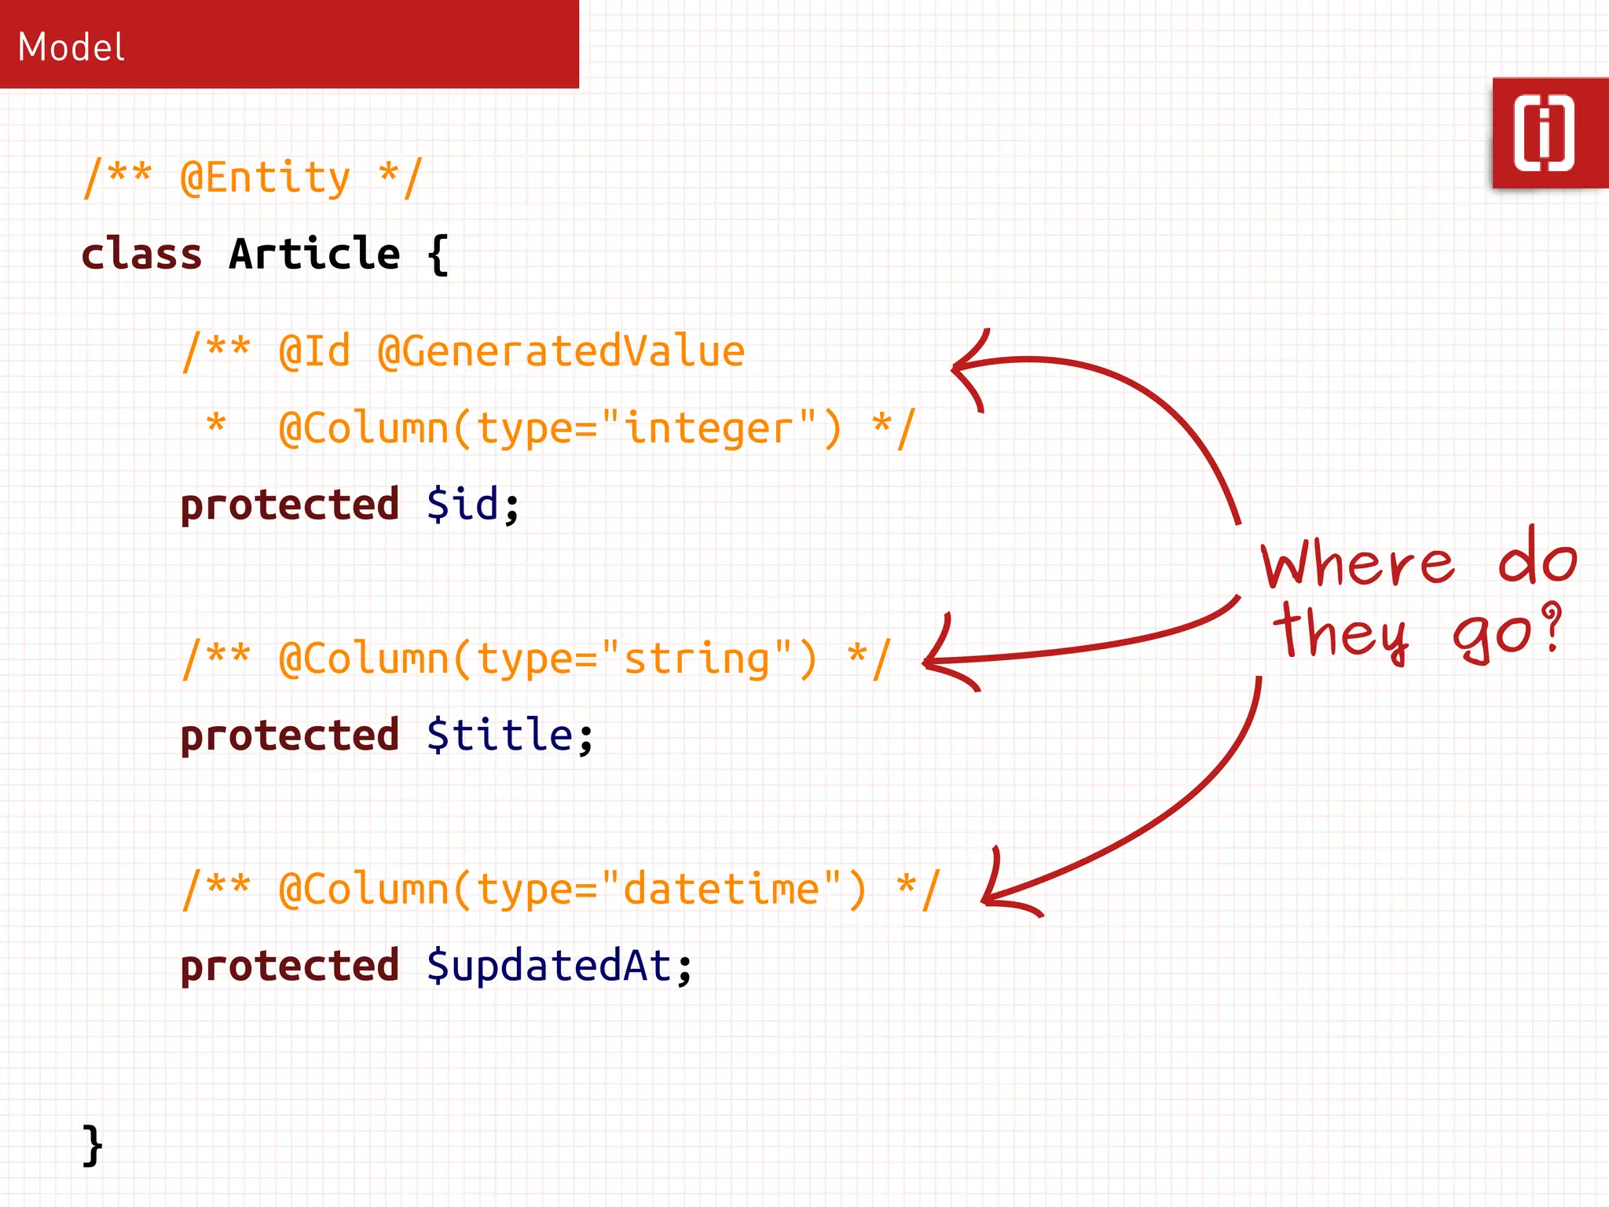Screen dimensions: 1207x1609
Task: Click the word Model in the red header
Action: [x=71, y=47]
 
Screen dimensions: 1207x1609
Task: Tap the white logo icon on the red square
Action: [x=1544, y=133]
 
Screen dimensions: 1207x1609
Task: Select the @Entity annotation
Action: [x=265, y=178]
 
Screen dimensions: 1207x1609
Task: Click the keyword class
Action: [x=141, y=255]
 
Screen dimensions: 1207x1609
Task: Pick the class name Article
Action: [x=314, y=255]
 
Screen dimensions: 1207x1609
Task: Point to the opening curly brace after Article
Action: [x=438, y=255]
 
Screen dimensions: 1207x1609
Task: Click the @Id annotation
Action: [x=314, y=351]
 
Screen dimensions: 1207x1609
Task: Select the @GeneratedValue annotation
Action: [x=561, y=351]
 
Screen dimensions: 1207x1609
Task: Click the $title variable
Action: [x=500, y=736]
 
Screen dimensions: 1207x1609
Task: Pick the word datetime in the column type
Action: [x=721, y=890]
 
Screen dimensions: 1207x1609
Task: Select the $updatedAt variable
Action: [x=548, y=966]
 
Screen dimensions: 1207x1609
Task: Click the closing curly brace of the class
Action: [x=93, y=1145]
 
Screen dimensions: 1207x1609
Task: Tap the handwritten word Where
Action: [x=1358, y=564]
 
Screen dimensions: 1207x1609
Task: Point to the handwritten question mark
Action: [x=1551, y=626]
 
